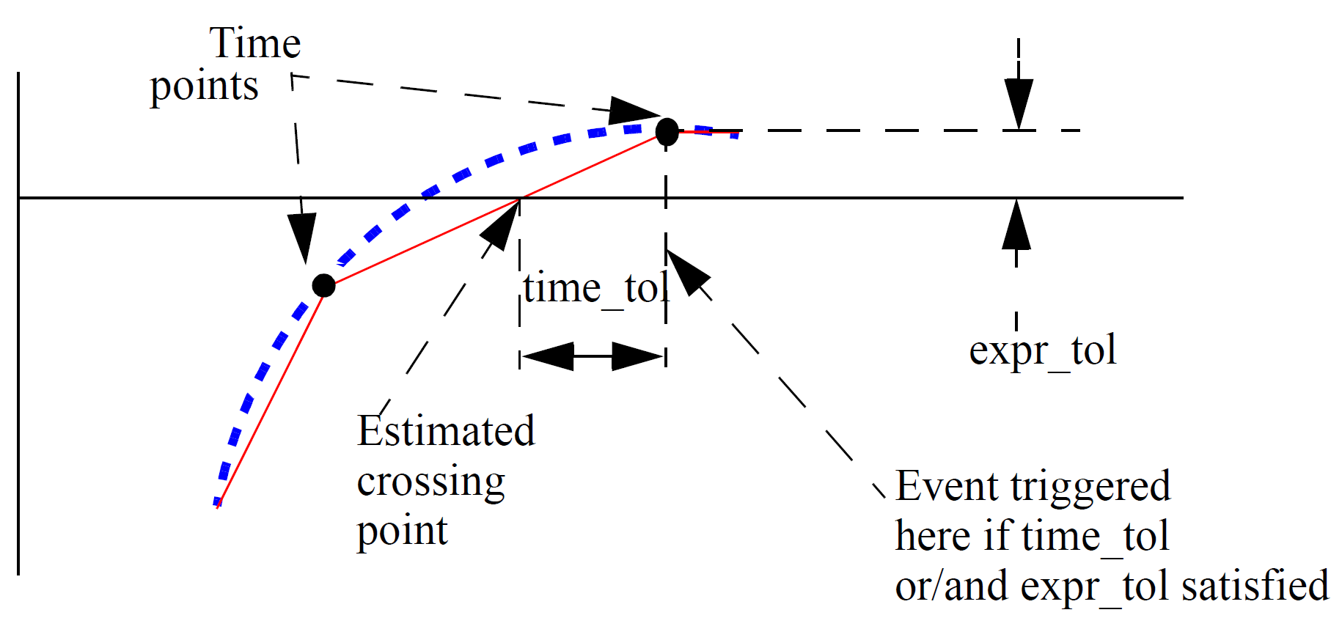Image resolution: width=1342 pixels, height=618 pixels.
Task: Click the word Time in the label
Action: click(254, 43)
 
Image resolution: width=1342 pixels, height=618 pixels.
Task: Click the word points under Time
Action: click(204, 87)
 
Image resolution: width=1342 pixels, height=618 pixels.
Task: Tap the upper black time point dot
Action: click(667, 132)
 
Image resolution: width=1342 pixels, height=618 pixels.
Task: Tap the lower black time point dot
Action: click(323, 285)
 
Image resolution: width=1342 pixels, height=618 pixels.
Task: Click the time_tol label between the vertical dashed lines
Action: click(595, 288)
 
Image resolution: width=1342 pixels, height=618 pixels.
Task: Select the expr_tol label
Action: click(1042, 350)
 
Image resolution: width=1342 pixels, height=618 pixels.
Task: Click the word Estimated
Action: click(446, 431)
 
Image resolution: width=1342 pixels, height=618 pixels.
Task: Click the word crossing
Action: click(430, 482)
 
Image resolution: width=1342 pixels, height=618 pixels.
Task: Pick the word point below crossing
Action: click(402, 531)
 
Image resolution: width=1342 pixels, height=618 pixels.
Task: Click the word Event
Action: click(947, 487)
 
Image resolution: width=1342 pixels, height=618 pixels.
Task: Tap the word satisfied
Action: click(1255, 586)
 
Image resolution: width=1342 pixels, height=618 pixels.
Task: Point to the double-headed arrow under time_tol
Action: click(593, 356)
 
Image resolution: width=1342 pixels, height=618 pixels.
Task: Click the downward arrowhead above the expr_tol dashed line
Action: click(1019, 103)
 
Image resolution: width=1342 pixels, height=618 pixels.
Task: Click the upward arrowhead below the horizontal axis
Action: click(1016, 226)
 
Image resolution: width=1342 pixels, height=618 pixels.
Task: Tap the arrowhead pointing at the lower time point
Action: click(301, 237)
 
